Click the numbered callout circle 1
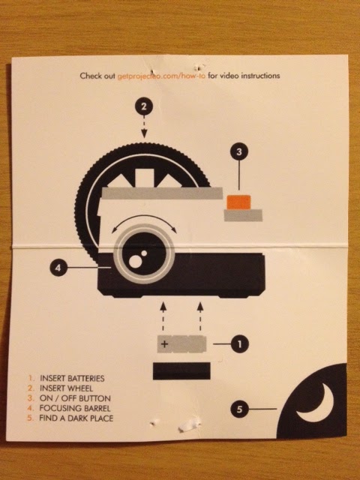coord(240,344)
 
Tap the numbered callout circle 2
coord(144,106)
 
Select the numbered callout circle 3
coord(239,151)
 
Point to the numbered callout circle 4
coord(58,268)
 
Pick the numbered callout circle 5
coord(239,409)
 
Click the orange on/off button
coord(238,202)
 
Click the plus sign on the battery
coord(164,344)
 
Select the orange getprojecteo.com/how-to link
coord(161,76)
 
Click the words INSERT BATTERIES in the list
coord(72,378)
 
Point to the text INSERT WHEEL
coord(66,388)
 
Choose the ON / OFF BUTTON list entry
coord(75,398)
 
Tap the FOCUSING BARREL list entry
coord(75,408)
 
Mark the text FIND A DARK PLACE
coord(76,418)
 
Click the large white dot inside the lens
coord(134,261)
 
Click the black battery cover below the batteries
coord(181,371)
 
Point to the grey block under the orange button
coord(243,215)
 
